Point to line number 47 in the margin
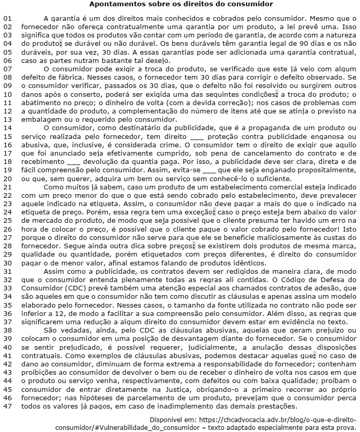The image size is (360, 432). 7,406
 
